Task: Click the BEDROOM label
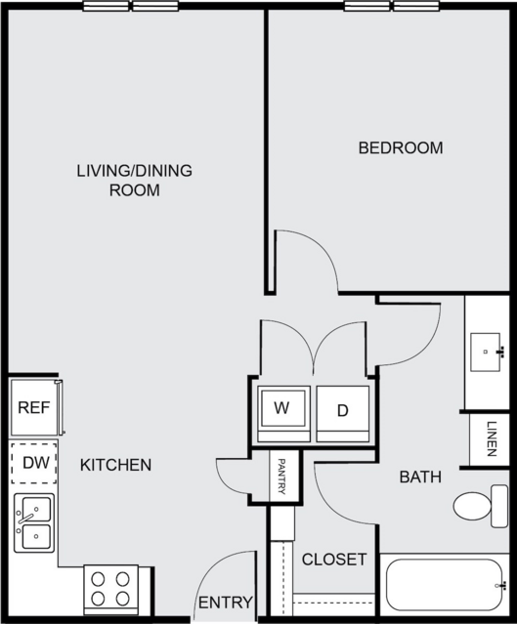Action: click(401, 147)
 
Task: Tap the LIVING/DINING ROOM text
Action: click(135, 181)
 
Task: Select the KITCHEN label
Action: click(115, 465)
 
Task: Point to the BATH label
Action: click(420, 477)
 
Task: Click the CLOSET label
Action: click(334, 560)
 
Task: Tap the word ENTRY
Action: click(226, 603)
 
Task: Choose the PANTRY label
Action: click(281, 477)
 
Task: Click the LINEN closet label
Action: click(492, 439)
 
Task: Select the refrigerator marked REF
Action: click(36, 407)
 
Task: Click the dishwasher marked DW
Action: click(34, 463)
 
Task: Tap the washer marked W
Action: click(283, 413)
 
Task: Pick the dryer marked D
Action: click(343, 413)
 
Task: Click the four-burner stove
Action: click(110, 590)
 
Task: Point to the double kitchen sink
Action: click(34, 522)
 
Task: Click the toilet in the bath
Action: click(481, 506)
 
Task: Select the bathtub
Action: click(445, 585)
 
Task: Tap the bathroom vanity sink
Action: click(487, 353)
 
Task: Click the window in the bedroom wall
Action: click(392, 6)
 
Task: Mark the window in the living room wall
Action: click(131, 6)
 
